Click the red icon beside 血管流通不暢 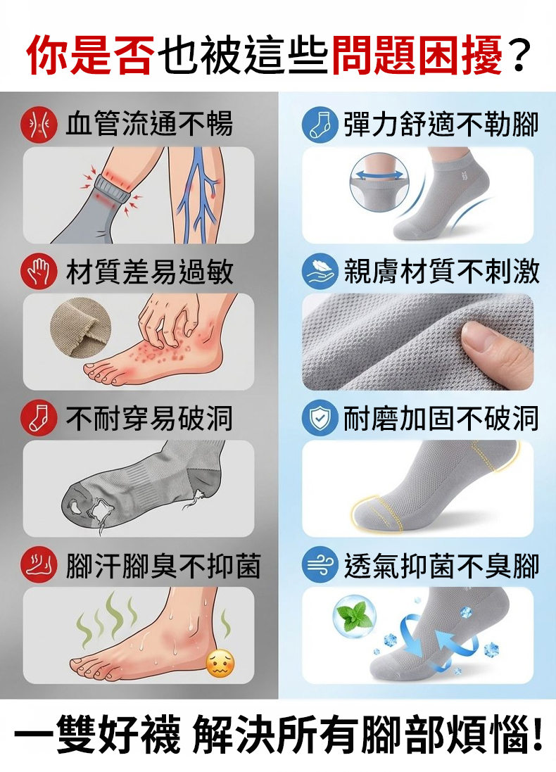39,125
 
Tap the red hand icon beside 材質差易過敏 39,272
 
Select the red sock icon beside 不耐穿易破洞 39,419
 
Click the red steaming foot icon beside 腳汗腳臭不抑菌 39,565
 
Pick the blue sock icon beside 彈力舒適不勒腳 320,125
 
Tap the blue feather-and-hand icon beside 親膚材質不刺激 320,272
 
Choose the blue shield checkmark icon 320,419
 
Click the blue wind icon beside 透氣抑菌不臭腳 320,565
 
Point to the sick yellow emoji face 220,663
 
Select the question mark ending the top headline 518,54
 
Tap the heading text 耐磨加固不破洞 441,419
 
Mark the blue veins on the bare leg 198,194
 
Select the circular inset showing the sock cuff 380,182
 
